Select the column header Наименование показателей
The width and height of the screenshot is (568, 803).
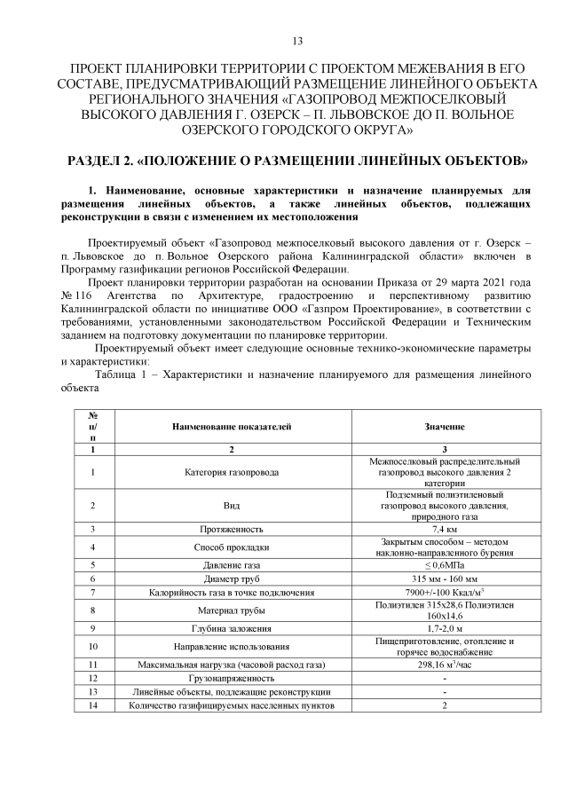[x=232, y=428]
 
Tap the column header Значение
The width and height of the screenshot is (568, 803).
[x=444, y=428]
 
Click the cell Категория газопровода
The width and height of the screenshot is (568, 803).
[x=232, y=472]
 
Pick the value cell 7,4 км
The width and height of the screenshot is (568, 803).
[x=444, y=529]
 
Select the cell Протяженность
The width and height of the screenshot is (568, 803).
[x=232, y=529]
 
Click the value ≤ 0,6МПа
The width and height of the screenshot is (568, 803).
[x=444, y=564]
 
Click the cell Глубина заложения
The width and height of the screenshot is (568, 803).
[x=232, y=628]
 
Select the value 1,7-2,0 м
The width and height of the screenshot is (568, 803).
[x=444, y=628]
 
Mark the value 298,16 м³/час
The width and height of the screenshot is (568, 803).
[x=444, y=664]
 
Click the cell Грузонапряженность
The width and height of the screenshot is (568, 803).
[x=232, y=678]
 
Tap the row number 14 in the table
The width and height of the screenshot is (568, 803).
[x=92, y=705]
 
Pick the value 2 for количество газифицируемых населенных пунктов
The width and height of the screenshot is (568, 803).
[x=444, y=705]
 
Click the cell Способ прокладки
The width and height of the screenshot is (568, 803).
[x=232, y=547]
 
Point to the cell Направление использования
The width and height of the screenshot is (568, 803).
[x=232, y=646]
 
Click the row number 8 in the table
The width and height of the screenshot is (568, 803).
[x=92, y=610]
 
